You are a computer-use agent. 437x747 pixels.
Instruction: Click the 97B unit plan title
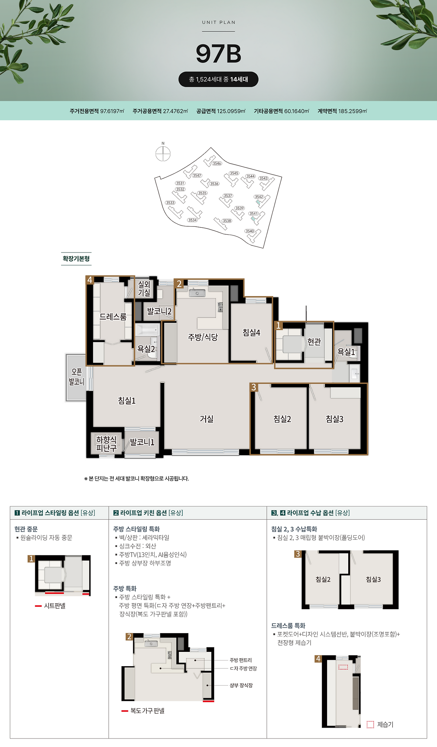[218, 54]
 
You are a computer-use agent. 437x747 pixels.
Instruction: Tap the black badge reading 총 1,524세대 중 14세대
[218, 79]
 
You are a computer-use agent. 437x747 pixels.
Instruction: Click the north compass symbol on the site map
[163, 154]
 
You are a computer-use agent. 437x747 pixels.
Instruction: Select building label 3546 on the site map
[217, 163]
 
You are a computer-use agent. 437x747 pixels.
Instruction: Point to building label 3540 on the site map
[250, 231]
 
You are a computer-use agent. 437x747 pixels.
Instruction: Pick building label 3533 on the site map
[170, 203]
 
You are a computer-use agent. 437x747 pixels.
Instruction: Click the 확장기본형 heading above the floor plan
[76, 258]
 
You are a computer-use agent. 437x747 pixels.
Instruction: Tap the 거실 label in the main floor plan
[207, 419]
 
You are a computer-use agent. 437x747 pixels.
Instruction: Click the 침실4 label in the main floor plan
[252, 332]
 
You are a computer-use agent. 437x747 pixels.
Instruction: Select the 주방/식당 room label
[203, 337]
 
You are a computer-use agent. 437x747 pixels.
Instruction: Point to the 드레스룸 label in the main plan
[113, 317]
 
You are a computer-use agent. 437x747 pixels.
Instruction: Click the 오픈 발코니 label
[76, 377]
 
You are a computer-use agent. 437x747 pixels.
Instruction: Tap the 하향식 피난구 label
[106, 444]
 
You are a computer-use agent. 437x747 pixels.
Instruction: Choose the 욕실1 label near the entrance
[346, 352]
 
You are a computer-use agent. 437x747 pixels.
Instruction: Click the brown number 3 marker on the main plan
[254, 387]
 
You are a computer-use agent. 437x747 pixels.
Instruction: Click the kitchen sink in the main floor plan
[197, 293]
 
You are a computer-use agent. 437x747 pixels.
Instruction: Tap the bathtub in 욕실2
[147, 330]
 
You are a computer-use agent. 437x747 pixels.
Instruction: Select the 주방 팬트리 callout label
[241, 660]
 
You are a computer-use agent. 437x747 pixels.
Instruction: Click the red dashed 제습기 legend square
[370, 724]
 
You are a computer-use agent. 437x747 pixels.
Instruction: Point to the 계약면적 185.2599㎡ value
[342, 111]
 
